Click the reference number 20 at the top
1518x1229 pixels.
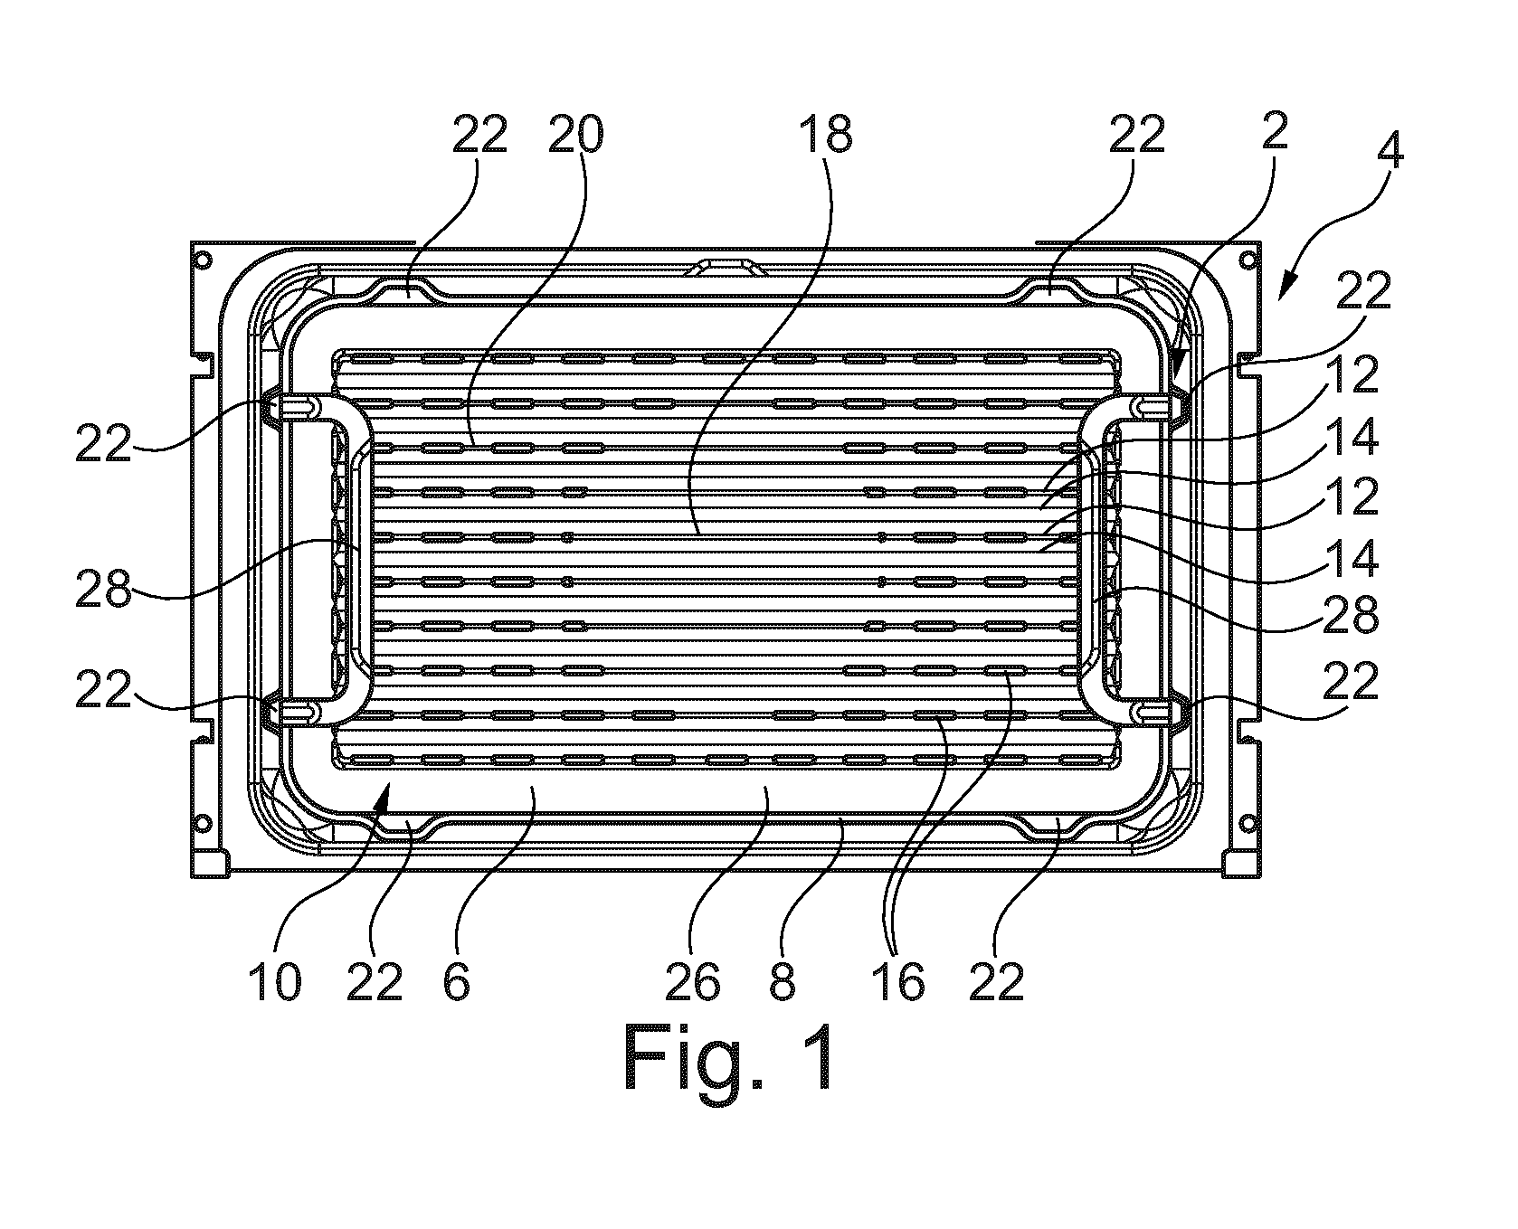pyautogui.click(x=575, y=136)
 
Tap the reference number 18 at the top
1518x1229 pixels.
pyautogui.click(x=826, y=136)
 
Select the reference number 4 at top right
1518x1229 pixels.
pyautogui.click(x=1391, y=151)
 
